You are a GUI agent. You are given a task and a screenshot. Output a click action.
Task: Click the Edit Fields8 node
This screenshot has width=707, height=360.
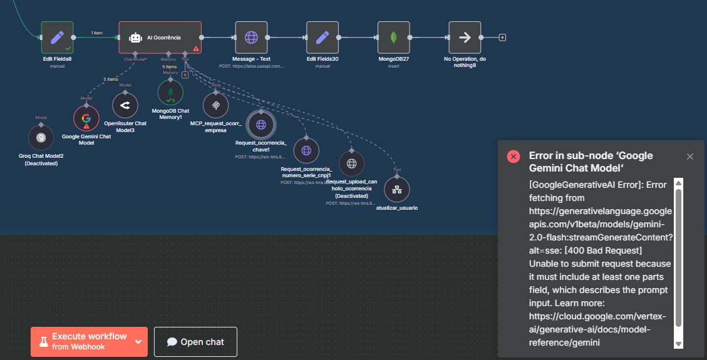tap(57, 38)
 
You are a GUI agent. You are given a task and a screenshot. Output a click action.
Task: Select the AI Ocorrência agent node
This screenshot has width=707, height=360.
tap(160, 38)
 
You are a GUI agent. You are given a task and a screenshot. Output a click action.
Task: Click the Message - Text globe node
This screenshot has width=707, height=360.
tap(251, 38)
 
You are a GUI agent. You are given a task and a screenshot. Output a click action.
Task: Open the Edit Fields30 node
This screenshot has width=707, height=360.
tap(323, 38)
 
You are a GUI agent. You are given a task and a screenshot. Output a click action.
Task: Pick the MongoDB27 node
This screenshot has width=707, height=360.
tap(394, 38)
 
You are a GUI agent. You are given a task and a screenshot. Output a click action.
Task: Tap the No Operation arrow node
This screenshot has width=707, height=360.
tap(465, 38)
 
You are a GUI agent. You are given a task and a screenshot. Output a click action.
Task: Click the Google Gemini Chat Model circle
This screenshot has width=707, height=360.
tap(86, 118)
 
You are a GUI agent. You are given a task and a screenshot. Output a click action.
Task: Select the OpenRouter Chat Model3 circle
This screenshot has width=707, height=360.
tap(125, 106)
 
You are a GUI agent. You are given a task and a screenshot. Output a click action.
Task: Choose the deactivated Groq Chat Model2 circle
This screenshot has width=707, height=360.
tap(41, 137)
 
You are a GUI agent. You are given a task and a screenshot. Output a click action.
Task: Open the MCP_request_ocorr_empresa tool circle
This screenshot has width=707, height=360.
tap(215, 105)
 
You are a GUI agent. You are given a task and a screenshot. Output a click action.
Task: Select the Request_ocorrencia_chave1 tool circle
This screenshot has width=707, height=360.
tap(261, 125)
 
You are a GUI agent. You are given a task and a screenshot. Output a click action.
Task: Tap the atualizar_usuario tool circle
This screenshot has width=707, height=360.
tap(396, 190)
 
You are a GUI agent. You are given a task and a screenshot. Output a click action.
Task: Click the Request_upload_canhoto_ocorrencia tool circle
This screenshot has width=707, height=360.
tap(351, 163)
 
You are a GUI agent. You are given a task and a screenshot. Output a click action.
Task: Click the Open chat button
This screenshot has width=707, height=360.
tap(195, 342)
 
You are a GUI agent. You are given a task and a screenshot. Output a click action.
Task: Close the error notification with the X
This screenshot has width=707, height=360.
tap(690, 157)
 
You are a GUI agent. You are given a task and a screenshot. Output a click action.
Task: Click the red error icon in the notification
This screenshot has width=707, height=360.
tap(513, 157)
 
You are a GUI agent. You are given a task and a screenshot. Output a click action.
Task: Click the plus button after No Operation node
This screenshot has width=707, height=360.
tap(502, 38)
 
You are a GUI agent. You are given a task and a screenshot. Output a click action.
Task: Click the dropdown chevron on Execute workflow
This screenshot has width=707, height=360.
tap(138, 342)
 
